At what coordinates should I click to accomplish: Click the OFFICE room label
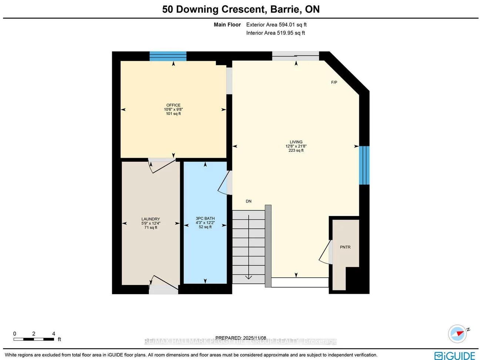point(173,105)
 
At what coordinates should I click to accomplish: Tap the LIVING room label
point(296,142)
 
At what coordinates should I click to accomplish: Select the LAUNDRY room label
point(151,219)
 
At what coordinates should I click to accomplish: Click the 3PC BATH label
point(205,218)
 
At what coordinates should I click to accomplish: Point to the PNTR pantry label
point(345,247)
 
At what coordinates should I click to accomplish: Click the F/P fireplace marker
point(334,83)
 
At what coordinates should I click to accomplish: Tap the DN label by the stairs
point(248,201)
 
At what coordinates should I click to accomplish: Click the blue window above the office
point(168,56)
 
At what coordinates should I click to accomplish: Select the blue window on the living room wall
point(364,165)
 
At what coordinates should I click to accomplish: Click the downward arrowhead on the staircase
point(248,277)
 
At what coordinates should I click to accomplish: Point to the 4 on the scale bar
point(54,334)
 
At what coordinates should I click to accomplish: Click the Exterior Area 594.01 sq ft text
point(276,25)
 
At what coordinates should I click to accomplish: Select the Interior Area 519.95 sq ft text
point(276,33)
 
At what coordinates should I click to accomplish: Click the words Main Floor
point(227,25)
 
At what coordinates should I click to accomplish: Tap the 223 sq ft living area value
point(296,151)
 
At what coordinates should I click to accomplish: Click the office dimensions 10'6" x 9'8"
point(173,110)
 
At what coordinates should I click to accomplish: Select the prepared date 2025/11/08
point(254,338)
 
